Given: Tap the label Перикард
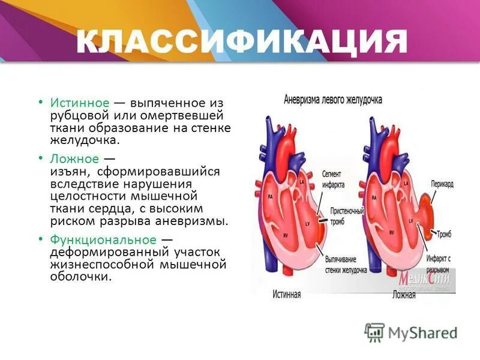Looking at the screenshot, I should coord(442,184).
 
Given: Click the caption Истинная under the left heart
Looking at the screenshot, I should coord(286,295).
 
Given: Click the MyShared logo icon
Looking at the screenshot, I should coord(374,332).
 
